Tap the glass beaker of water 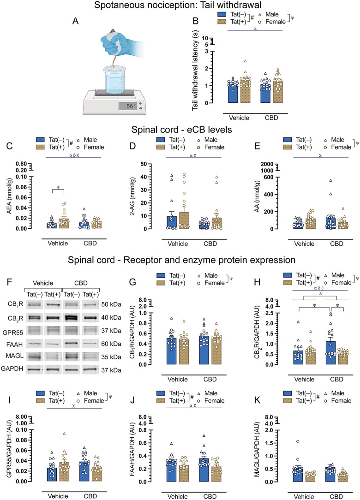pos(115,77)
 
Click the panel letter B pos(196,21)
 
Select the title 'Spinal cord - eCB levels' pos(181,130)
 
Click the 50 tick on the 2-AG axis pos(144,164)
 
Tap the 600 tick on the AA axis pos(269,177)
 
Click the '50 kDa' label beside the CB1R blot pos(111,304)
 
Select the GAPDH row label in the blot pos(12,369)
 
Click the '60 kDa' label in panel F pos(111,344)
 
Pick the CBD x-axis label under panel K pos(336,496)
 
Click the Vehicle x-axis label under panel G pos(178,380)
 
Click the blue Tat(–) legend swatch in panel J pos(161,393)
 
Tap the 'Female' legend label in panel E pos(341,147)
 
